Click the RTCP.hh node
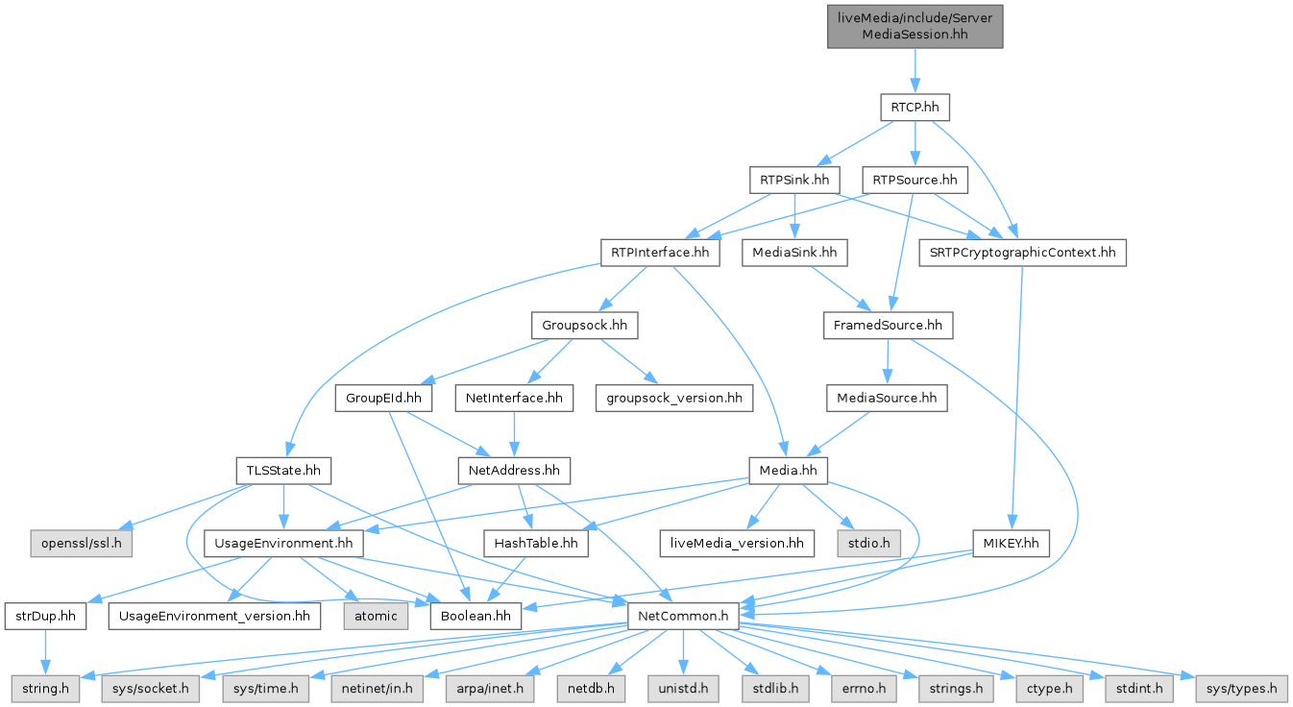(x=915, y=107)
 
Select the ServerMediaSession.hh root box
(x=915, y=25)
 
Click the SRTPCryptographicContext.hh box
(x=1021, y=253)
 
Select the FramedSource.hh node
(x=887, y=326)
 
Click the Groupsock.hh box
(x=584, y=326)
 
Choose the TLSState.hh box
(x=283, y=471)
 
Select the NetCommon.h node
(x=683, y=615)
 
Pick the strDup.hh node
(x=46, y=615)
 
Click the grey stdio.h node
(x=868, y=544)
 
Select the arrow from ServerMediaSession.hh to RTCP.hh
(x=915, y=70)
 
